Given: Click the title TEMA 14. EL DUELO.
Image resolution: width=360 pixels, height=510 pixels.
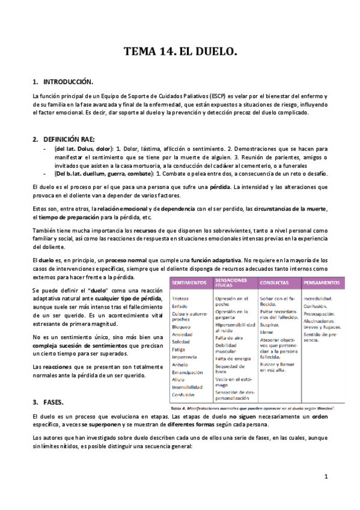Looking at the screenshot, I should (x=180, y=52).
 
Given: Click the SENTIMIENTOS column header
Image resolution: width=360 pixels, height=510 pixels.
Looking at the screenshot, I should (x=189, y=282).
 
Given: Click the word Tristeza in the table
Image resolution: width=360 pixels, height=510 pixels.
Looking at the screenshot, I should (x=181, y=298).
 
